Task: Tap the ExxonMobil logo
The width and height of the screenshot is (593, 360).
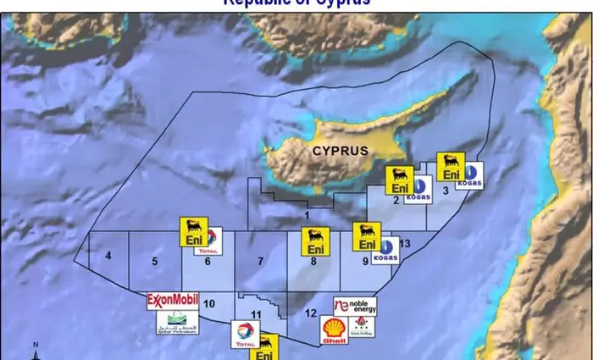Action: pos(172,300)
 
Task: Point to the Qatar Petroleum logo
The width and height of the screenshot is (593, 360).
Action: pos(178,322)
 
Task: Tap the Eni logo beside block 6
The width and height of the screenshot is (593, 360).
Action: pos(193,232)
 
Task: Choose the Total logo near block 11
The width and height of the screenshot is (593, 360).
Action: pos(246,335)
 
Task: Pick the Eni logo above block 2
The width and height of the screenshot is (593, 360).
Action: pos(399,180)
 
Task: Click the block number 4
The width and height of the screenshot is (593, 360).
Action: pos(108,256)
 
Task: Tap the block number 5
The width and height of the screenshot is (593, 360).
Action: pos(155,262)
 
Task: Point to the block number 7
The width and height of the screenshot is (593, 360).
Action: pos(260,261)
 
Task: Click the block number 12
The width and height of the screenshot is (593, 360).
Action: pos(310,314)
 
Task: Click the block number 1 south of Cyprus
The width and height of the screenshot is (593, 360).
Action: pos(307,217)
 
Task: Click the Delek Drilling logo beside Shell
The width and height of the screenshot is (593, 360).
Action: pos(363,330)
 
